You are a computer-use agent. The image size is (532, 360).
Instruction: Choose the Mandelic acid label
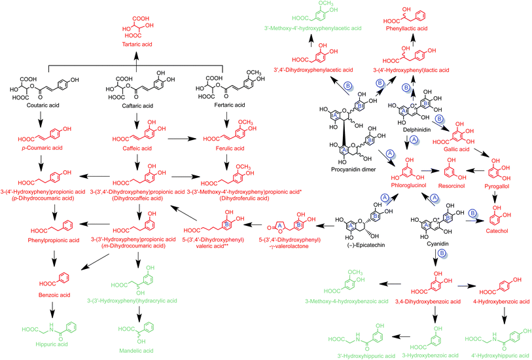(137, 351)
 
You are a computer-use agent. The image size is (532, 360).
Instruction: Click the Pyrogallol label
(503, 185)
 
